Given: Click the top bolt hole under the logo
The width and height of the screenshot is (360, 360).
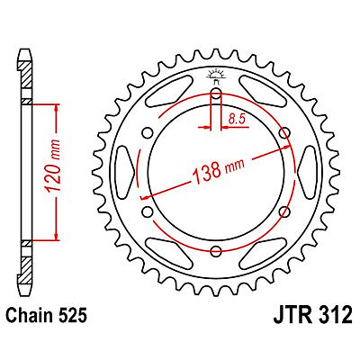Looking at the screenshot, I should click(216, 96).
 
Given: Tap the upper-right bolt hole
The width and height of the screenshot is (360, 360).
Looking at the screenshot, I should click(284, 136).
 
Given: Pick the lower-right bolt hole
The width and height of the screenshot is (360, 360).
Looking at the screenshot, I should click(284, 213).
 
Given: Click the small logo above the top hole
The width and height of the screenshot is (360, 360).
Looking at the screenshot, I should click(216, 71).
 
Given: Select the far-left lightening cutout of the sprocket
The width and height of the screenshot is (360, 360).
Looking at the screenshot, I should click(128, 175).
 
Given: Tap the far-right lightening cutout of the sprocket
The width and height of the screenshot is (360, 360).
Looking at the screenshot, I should click(304, 175).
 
